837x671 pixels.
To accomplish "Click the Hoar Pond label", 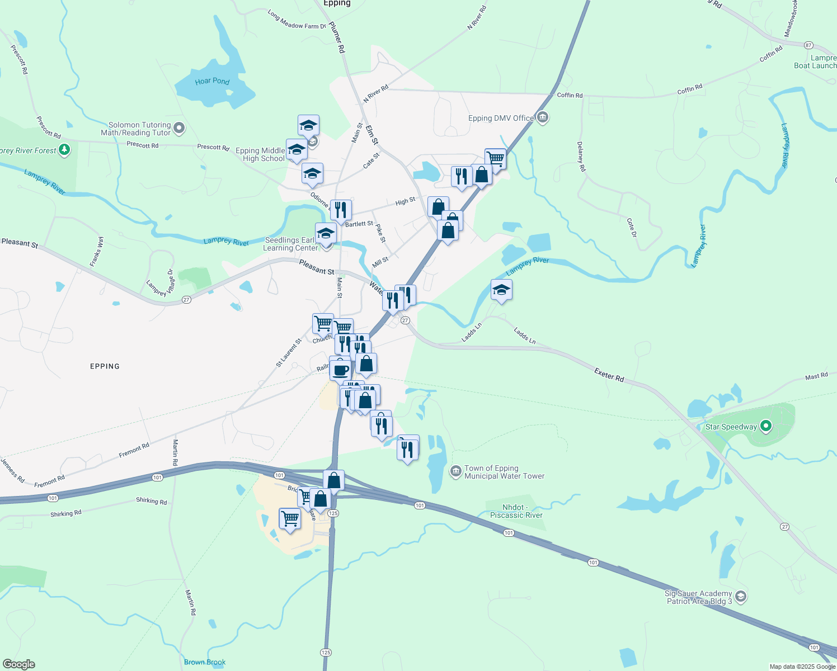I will tap(212, 81).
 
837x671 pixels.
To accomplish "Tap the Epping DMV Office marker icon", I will tap(542, 117).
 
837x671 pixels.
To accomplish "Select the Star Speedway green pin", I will tap(766, 427).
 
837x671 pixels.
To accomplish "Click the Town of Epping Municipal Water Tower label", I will tap(504, 472).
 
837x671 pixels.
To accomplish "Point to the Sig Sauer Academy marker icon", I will tap(741, 597).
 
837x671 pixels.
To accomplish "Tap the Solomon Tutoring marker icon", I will tap(179, 129).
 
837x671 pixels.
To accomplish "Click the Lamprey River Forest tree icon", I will tap(65, 150).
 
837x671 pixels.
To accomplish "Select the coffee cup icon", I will tap(340, 369).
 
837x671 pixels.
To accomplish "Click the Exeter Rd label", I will tap(609, 375).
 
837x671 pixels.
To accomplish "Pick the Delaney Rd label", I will tap(581, 157).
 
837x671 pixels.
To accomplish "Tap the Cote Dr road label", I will tap(632, 228).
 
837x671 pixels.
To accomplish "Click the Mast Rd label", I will tap(816, 377).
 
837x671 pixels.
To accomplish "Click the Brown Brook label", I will tap(205, 662).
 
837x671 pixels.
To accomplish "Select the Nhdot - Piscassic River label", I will tap(516, 512).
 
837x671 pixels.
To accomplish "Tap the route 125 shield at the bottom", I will tap(326, 653).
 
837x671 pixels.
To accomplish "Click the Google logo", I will tap(18, 664).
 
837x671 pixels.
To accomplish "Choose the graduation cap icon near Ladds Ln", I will tap(501, 290).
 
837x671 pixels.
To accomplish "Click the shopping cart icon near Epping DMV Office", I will tap(496, 159).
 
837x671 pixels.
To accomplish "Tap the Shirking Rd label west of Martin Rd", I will tap(65, 513).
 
